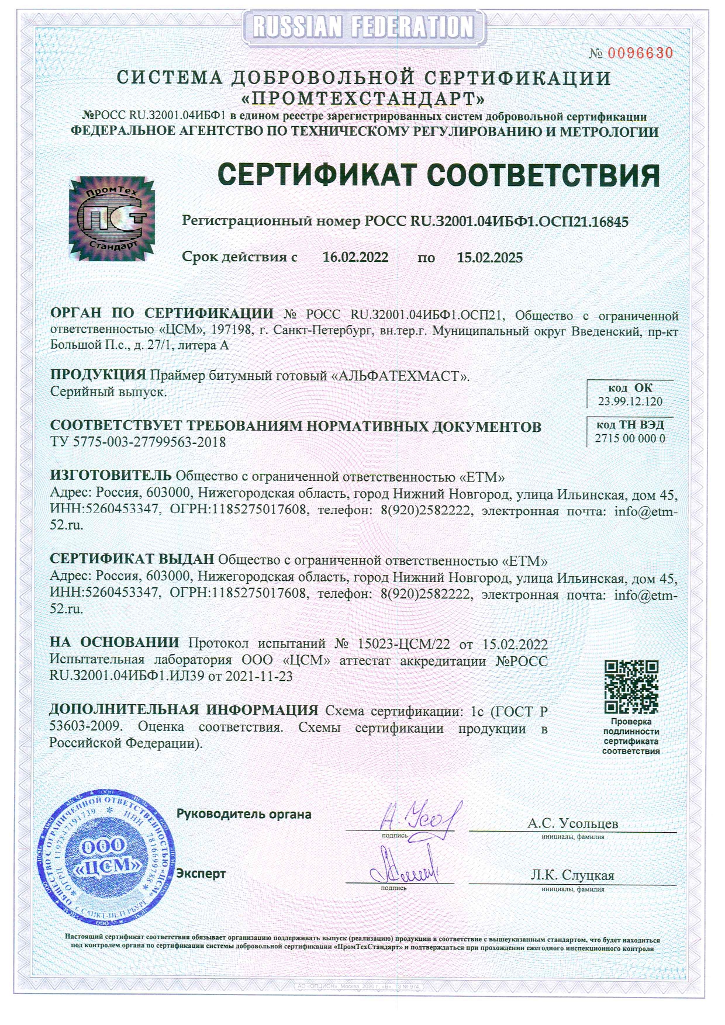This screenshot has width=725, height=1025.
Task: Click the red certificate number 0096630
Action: pos(640,53)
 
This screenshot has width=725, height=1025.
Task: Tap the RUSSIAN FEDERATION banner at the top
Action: pos(364,26)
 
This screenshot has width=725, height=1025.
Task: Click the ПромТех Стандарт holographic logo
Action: pos(112,219)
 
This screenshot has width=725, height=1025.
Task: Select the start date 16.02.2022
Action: pos(355,258)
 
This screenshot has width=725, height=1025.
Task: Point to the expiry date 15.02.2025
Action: pos(490,258)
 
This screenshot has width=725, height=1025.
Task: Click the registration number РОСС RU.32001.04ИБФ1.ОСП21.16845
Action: pos(496,221)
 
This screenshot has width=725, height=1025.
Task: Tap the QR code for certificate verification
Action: pos(631,687)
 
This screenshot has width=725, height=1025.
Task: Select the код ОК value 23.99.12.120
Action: pos(630,401)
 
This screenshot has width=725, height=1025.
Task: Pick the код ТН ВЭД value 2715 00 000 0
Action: pos(630,438)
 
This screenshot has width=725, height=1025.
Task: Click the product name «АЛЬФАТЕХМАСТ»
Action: pos(401,376)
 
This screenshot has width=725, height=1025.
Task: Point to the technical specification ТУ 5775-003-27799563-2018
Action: pos(138,442)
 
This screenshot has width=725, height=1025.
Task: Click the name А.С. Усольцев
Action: pos(572,823)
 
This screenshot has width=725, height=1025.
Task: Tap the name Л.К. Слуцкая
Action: pos(572,875)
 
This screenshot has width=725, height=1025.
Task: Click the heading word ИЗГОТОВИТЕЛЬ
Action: pos(111,476)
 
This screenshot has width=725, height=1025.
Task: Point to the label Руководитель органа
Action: pos(244,814)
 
